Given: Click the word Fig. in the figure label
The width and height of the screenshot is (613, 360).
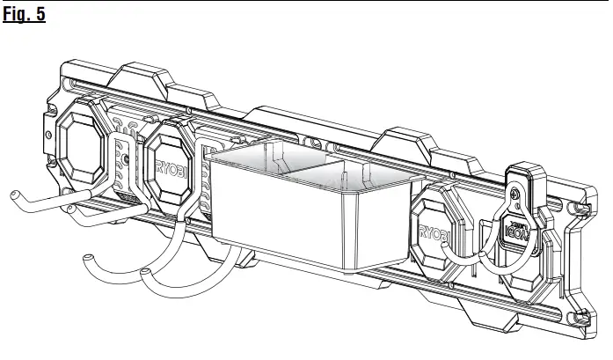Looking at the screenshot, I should tap(18, 15).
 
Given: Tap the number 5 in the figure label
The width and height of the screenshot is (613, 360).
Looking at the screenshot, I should tap(40, 15).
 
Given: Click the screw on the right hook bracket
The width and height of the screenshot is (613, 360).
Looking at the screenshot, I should tap(515, 194).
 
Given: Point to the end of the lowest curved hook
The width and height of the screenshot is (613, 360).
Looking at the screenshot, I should tap(85, 258).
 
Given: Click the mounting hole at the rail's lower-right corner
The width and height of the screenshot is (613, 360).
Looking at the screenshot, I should tap(578, 319).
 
